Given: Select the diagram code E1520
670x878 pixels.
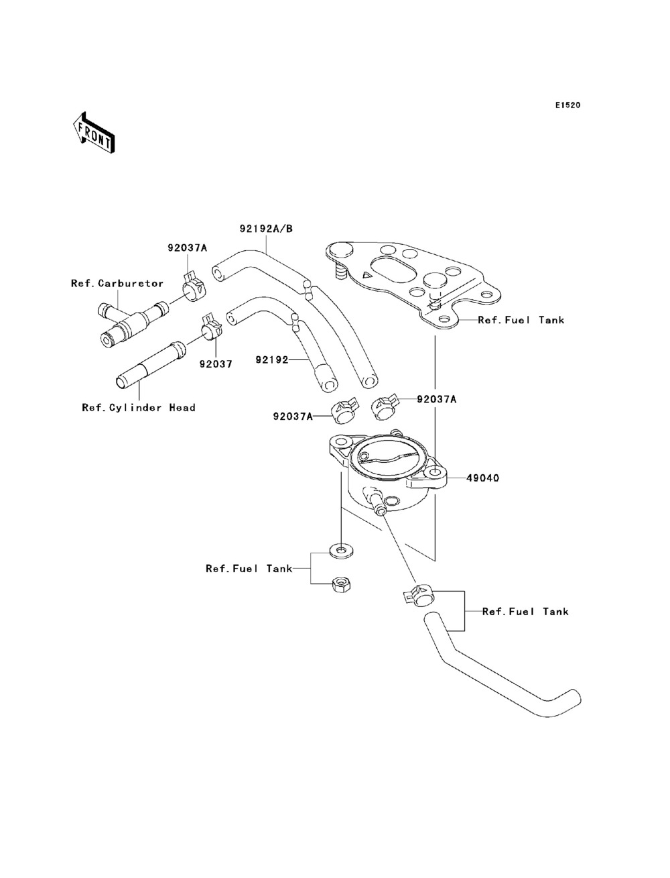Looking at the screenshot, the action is pyautogui.click(x=567, y=105).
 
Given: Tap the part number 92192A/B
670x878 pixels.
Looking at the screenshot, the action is pyautogui.click(x=266, y=229).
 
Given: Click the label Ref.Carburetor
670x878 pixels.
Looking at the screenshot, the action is pyautogui.click(x=117, y=284).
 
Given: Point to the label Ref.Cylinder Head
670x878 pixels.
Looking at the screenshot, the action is pyautogui.click(x=139, y=408).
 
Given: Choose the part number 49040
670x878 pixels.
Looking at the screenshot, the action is pyautogui.click(x=482, y=478).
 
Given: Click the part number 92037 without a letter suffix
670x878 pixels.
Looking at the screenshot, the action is pyautogui.click(x=216, y=364).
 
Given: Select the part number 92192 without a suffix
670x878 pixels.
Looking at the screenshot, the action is pyautogui.click(x=271, y=360).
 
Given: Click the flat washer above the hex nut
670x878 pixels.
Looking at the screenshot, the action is pyautogui.click(x=341, y=551).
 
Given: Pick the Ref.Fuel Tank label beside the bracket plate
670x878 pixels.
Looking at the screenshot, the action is pyautogui.click(x=521, y=320).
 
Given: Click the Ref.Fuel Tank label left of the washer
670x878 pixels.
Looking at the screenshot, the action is pyautogui.click(x=249, y=568).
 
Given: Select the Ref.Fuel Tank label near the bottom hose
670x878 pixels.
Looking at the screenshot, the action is pyautogui.click(x=525, y=612).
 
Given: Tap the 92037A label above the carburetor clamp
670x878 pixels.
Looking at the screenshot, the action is pyautogui.click(x=188, y=248).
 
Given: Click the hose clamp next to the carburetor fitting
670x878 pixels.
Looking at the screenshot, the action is pyautogui.click(x=194, y=288).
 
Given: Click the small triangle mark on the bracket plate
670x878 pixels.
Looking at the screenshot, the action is pyautogui.click(x=366, y=275).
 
